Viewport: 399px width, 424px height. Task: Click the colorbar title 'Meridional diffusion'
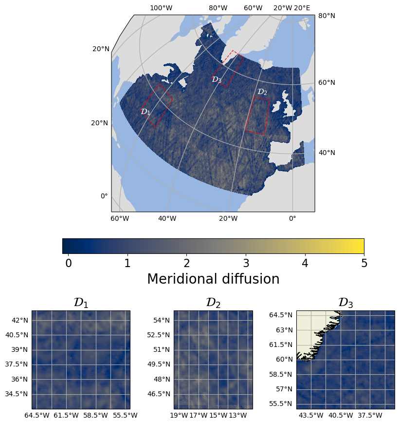point(213,279)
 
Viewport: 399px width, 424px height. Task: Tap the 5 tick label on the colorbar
point(364,264)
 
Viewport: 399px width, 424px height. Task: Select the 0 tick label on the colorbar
point(69,264)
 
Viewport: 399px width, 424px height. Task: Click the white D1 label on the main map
point(145,112)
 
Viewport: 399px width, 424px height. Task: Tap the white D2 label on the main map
point(262,92)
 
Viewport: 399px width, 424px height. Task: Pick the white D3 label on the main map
point(217,79)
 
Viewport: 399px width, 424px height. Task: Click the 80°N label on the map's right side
point(326,16)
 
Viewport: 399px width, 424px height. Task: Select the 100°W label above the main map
point(161,8)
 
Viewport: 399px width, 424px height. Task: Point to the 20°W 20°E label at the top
point(291,8)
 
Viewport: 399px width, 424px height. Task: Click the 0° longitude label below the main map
point(292,218)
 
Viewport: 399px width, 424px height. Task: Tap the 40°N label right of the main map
point(326,153)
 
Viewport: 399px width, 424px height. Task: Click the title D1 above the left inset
point(81,303)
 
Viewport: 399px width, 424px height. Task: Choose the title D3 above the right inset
point(345,303)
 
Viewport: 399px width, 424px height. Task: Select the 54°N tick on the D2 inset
point(162,320)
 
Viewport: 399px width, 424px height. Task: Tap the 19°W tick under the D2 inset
point(179,415)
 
